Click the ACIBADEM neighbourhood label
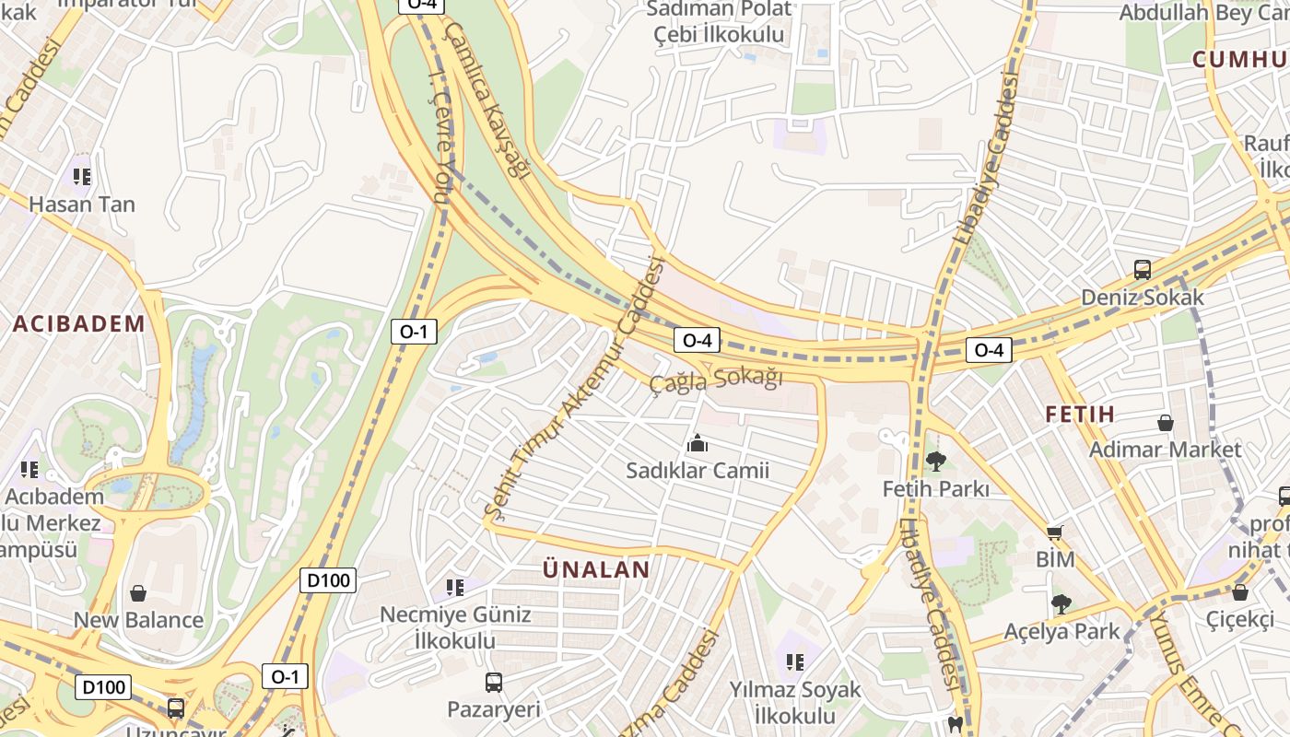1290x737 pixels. coord(79,323)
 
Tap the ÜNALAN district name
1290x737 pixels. coord(596,569)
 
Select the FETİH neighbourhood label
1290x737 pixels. coord(1080,414)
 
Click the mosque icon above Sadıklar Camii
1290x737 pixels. coord(698,444)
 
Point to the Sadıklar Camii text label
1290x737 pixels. coord(698,471)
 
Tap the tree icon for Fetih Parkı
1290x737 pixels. coord(936,461)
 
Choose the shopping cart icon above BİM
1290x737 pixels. coord(1055,532)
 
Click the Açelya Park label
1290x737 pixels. coord(1061,631)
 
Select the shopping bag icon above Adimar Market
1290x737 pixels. coord(1166,423)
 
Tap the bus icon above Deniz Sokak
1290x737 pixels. coord(1143,270)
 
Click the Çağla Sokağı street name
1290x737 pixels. coord(716,380)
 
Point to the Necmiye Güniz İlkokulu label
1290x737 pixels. coord(456,627)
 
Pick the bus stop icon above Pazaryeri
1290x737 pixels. coord(494,683)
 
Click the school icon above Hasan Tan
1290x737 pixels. coord(82,176)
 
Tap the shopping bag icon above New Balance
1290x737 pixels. coord(138,593)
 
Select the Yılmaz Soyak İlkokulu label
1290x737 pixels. coord(795,702)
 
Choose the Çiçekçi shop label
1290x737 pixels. coord(1240,619)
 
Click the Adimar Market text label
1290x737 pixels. coord(1166,450)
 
